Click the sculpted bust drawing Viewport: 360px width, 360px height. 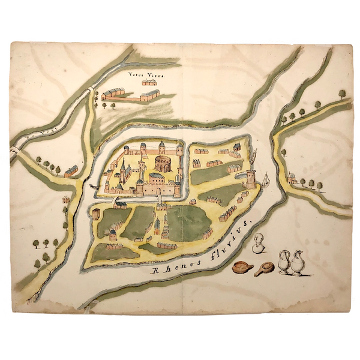coord(259,244)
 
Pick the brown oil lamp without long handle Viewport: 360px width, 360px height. coord(242,267)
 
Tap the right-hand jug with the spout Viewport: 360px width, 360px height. coord(296,263)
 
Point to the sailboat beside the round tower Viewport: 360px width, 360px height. coord(266,179)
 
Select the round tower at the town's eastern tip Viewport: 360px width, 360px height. coord(251,178)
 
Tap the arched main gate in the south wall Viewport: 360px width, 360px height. coord(159,190)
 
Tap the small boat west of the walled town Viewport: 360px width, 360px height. coord(92,187)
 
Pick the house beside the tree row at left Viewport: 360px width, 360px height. coord(71,171)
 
